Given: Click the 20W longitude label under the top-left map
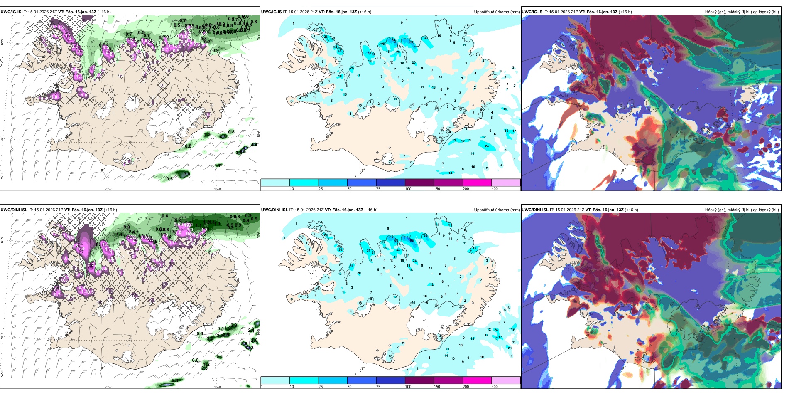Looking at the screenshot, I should coord(108,189).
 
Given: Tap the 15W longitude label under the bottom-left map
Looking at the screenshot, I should coord(217,387).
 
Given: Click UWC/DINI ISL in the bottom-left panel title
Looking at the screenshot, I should coord(14,210).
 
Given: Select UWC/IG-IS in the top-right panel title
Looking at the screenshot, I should coord(532,12).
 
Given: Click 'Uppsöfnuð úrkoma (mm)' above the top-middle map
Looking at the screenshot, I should coord(497,12).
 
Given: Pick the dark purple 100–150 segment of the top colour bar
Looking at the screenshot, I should coord(419,183).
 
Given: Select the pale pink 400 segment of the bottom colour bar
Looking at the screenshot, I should coord(506,380).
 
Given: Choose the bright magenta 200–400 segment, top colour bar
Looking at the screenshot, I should coord(477,183).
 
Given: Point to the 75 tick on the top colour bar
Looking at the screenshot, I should coord(378,189).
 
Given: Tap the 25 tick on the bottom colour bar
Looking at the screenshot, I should coord(321,387).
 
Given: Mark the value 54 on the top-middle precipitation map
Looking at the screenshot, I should coord(393,40).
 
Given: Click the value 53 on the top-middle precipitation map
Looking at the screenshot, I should coord(411,42).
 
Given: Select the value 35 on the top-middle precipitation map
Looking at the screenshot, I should coord(369,53).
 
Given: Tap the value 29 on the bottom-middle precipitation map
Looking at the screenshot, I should coord(510,348).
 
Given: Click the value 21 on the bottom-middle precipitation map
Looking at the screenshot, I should coord(450,225).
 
